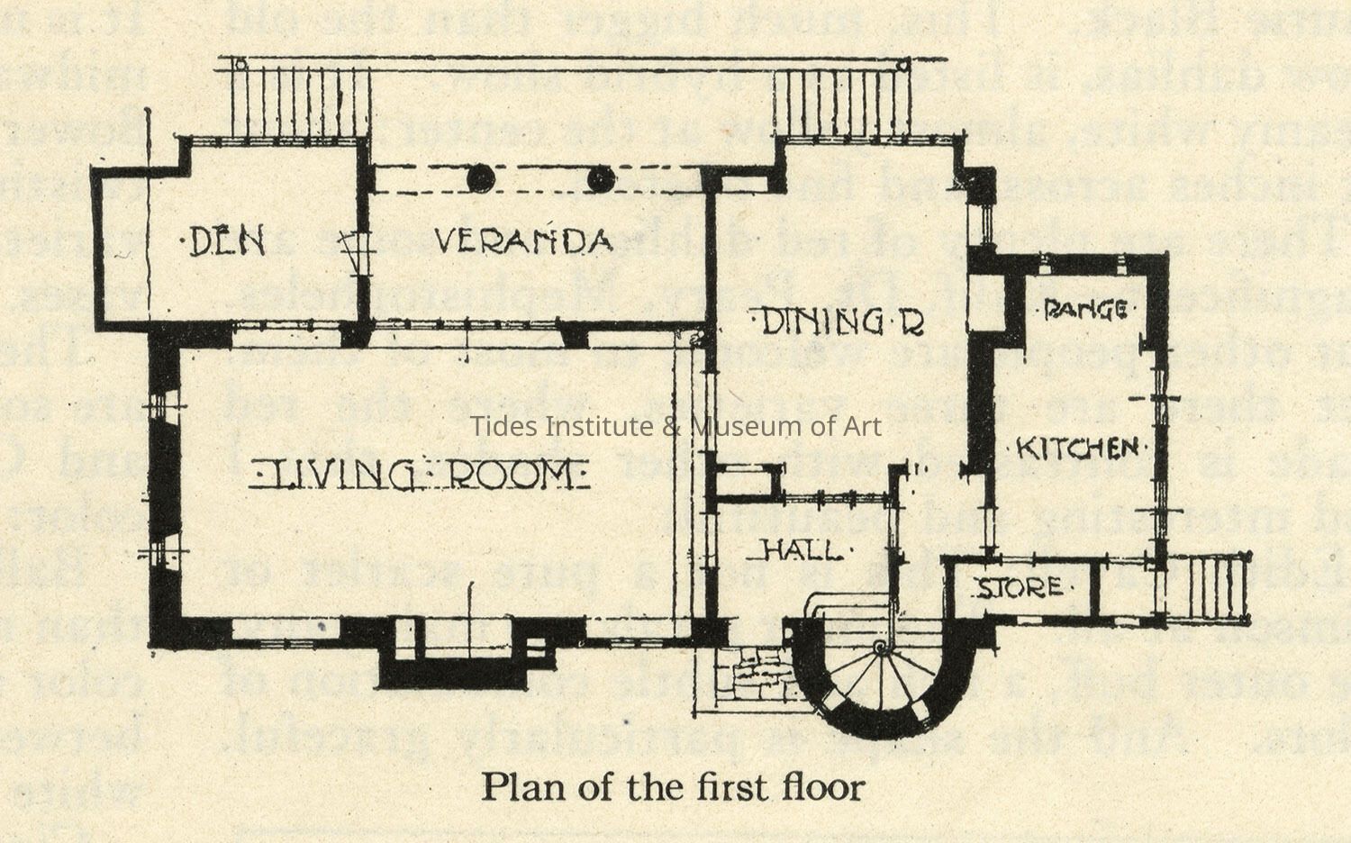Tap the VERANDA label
(523, 240)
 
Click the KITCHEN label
(1077, 448)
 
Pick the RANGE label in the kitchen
(1085, 311)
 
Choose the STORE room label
(1020, 588)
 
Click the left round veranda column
(480, 179)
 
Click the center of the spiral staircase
(880, 648)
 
